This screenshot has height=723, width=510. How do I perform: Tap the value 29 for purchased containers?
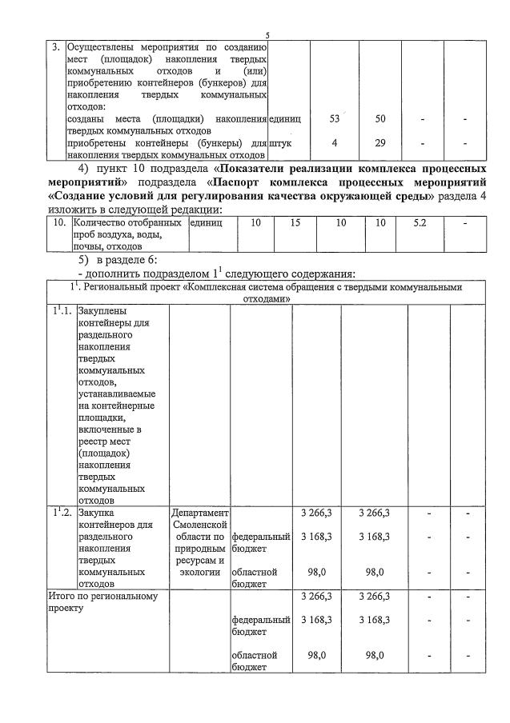click(381, 142)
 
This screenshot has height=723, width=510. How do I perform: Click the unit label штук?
click(281, 142)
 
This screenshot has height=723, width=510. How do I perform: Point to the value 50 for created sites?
click(381, 118)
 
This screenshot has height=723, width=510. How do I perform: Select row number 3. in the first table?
click(55, 46)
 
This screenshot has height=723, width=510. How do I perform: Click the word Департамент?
click(200, 512)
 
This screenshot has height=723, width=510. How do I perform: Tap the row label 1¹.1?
click(62, 311)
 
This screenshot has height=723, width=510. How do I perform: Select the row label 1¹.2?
click(62, 512)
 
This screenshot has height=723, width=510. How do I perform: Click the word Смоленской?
click(200, 524)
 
